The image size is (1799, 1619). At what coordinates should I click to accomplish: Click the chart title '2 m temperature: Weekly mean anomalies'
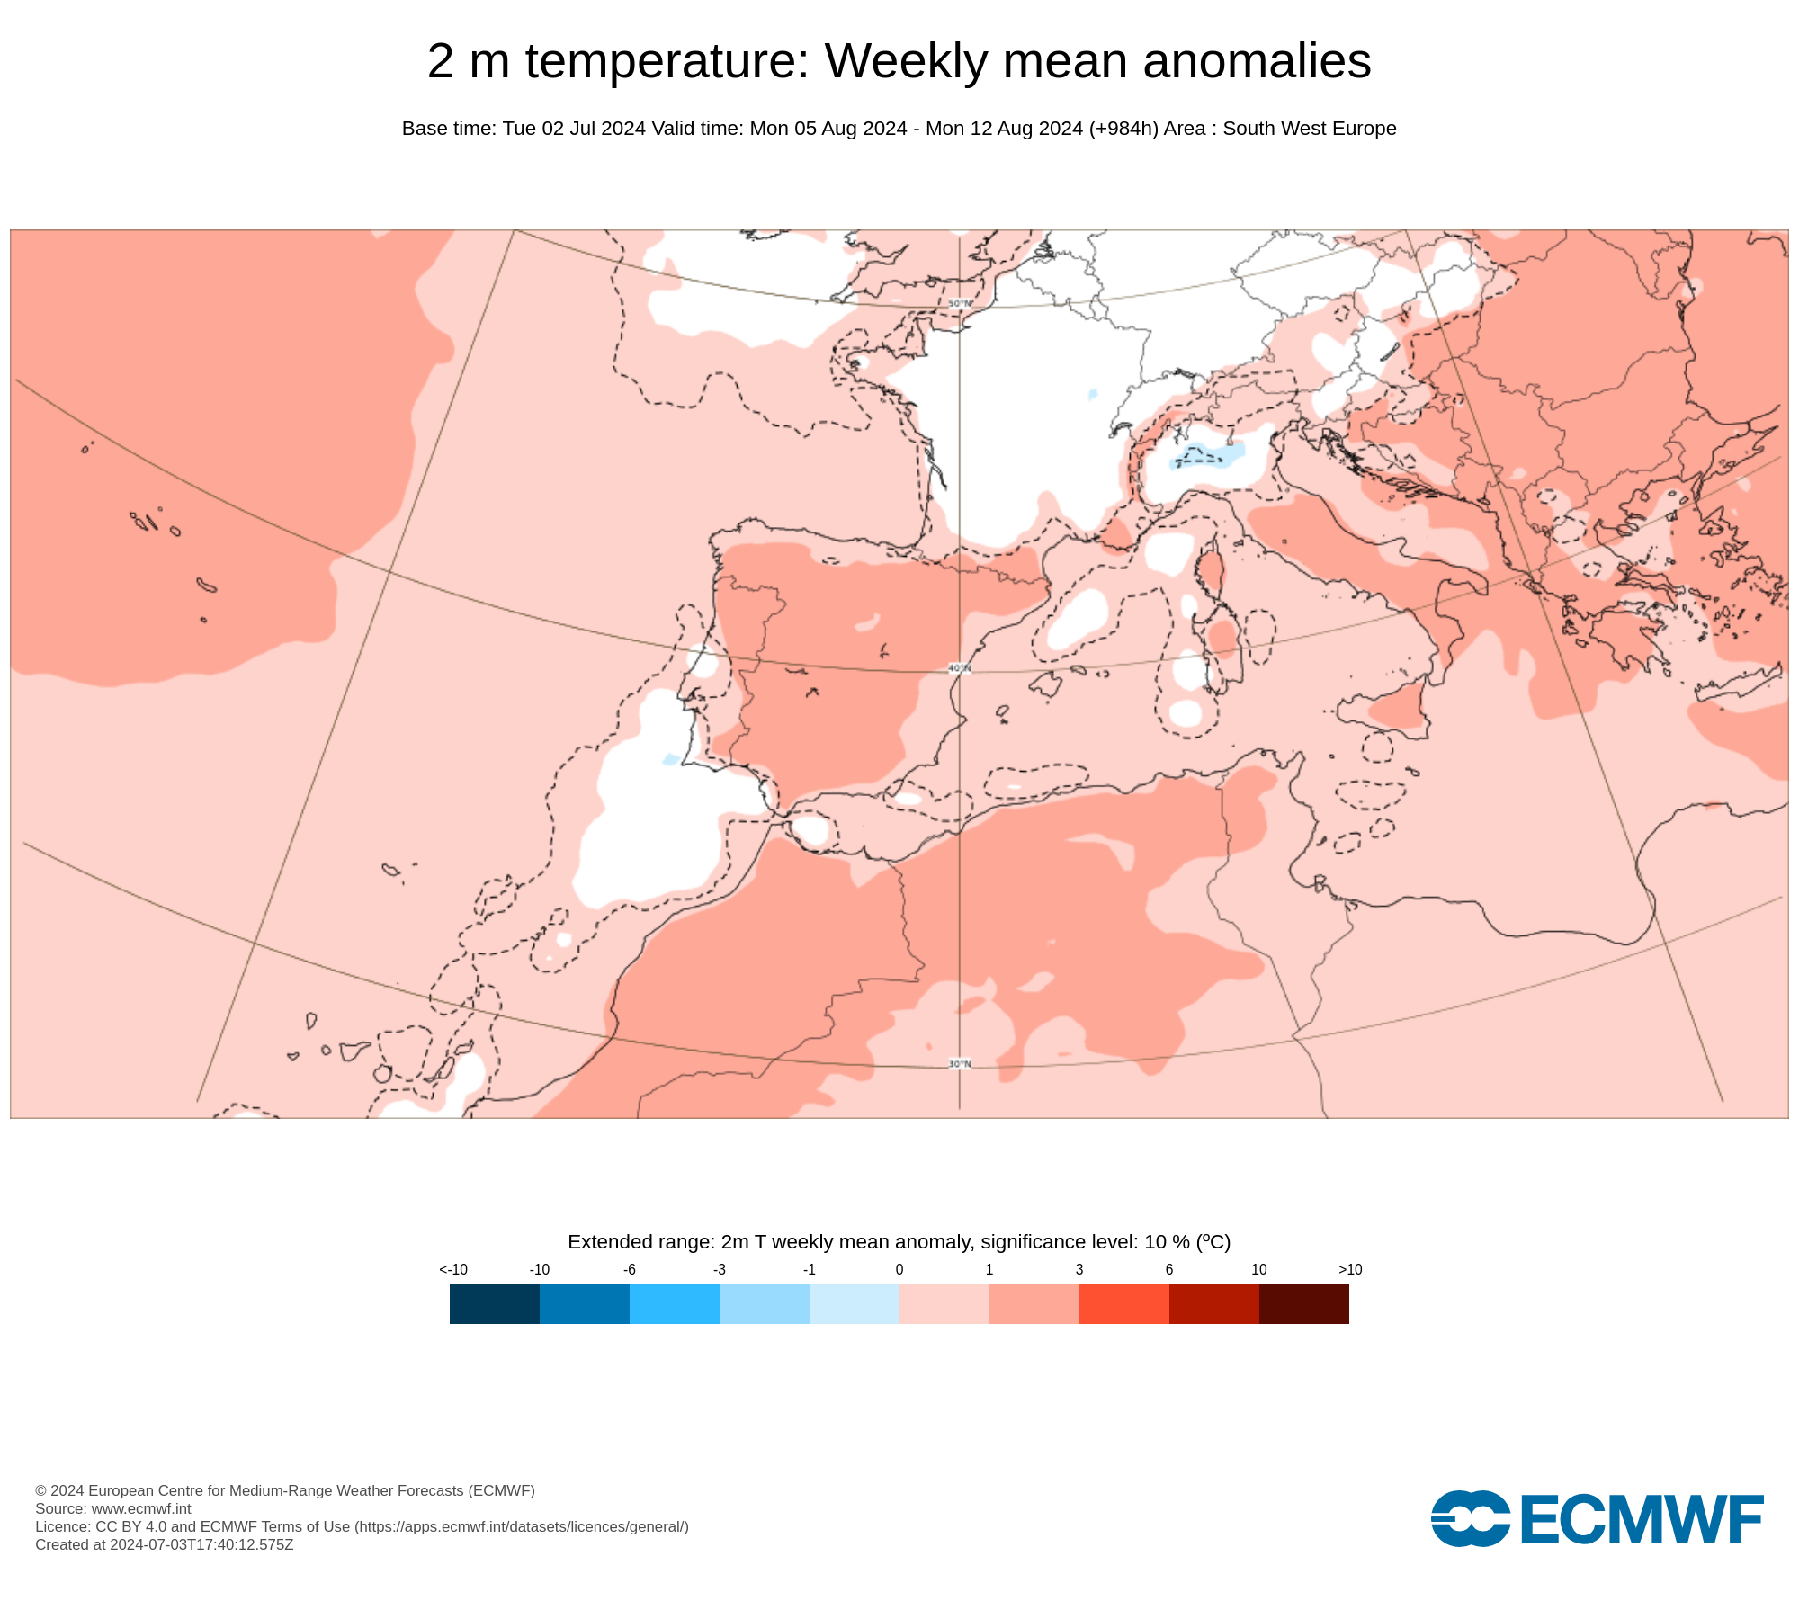click(x=899, y=61)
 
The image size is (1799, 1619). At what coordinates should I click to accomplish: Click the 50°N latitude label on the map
click(x=960, y=304)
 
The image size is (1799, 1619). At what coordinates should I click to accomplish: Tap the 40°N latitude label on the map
click(x=960, y=668)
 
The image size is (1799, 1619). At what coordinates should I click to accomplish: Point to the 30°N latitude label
click(x=960, y=1064)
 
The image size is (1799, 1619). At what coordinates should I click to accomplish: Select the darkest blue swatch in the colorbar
click(x=495, y=1303)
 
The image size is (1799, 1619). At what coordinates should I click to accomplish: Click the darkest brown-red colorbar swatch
click(x=1303, y=1303)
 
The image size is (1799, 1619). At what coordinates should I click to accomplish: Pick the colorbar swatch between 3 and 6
click(x=1123, y=1303)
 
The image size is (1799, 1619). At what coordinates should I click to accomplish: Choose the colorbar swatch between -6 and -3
click(x=675, y=1303)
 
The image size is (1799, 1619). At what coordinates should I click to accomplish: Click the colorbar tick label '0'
click(x=899, y=1269)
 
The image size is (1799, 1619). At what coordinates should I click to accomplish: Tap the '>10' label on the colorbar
click(x=1349, y=1269)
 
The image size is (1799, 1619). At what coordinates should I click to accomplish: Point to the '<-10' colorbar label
click(x=453, y=1269)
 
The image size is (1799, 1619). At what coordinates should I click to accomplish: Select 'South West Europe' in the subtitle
click(x=1309, y=129)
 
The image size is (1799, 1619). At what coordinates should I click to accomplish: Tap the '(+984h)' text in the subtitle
click(x=1123, y=129)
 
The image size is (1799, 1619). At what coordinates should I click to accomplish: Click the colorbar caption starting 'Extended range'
click(x=899, y=1242)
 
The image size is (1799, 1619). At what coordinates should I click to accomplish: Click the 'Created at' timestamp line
click(x=165, y=1544)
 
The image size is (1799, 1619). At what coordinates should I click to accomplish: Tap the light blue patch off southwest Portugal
click(x=670, y=760)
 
